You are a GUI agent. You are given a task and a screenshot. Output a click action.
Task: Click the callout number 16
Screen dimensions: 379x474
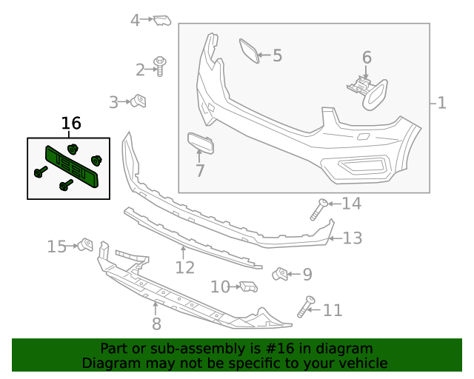point(71,124)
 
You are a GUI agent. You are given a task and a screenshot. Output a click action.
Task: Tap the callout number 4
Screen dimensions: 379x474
point(135,20)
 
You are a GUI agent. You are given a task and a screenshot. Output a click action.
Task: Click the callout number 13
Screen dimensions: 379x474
point(353,238)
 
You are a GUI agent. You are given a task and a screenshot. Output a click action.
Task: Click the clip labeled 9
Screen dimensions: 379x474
point(281,275)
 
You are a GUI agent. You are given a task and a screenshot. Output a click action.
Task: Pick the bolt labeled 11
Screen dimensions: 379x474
point(306,305)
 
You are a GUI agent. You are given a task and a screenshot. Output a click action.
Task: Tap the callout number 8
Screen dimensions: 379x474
point(156,323)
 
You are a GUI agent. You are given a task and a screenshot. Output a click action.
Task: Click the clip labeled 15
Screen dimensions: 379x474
point(85,244)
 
